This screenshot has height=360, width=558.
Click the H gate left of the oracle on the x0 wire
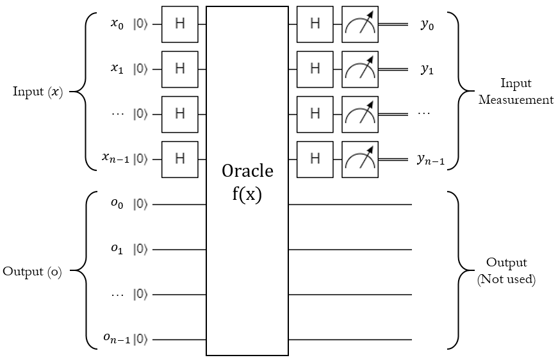(179, 24)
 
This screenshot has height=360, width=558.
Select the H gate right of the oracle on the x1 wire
(315, 69)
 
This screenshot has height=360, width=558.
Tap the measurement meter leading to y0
(360, 24)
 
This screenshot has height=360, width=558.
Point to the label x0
(116, 24)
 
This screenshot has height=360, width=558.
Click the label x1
(116, 69)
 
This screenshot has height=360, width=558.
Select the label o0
(116, 204)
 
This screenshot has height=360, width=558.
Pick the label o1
(116, 250)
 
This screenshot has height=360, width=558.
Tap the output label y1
(427, 70)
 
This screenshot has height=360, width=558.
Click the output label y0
(427, 25)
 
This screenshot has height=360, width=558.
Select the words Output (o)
(33, 272)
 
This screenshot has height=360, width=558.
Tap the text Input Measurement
(516, 92)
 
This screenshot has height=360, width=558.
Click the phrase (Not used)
(506, 280)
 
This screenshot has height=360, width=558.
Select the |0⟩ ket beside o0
(140, 205)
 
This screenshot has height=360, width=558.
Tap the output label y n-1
(430, 161)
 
